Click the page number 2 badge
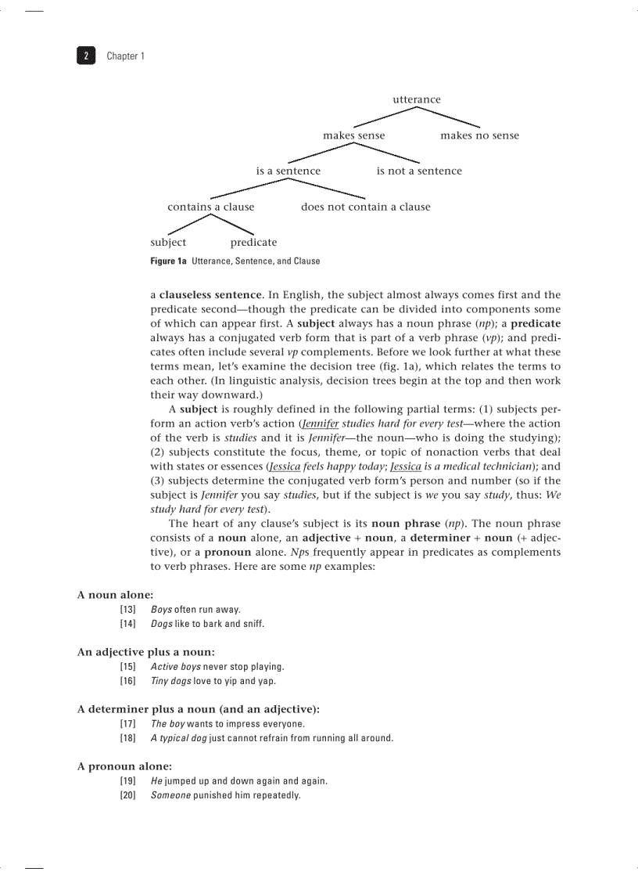pos(85,56)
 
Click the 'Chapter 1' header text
pos(125,56)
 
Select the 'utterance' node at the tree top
pos(416,99)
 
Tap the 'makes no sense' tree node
pos(479,135)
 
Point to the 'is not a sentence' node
pos(419,171)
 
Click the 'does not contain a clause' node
pos(365,207)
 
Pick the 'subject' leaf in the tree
pos(168,242)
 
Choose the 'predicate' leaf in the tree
pos(253,242)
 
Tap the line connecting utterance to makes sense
pos(384,117)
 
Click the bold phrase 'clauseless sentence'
pos(210,295)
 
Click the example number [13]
pos(128,609)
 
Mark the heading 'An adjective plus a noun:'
pos(145,651)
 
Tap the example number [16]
pos(128,681)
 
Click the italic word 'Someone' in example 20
pos(170,795)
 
